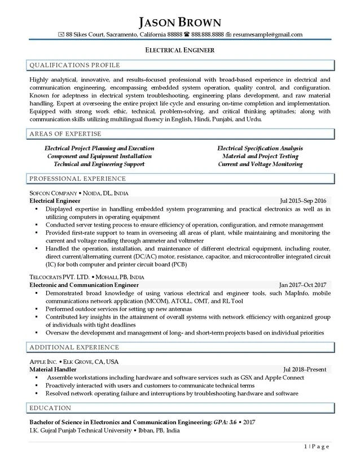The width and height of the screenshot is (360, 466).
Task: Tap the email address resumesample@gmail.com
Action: click(x=267, y=34)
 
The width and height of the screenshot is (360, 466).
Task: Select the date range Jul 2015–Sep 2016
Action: click(x=303, y=201)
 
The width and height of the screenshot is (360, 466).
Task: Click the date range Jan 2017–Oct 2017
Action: click(x=303, y=285)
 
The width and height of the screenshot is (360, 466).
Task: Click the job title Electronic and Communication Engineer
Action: click(x=84, y=285)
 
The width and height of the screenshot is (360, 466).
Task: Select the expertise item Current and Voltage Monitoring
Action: click(x=260, y=164)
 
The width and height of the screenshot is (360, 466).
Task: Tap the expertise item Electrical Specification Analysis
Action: click(x=260, y=149)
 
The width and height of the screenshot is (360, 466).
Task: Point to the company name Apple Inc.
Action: click(x=46, y=361)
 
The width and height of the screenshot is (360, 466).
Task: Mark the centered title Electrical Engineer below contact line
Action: click(x=180, y=50)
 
